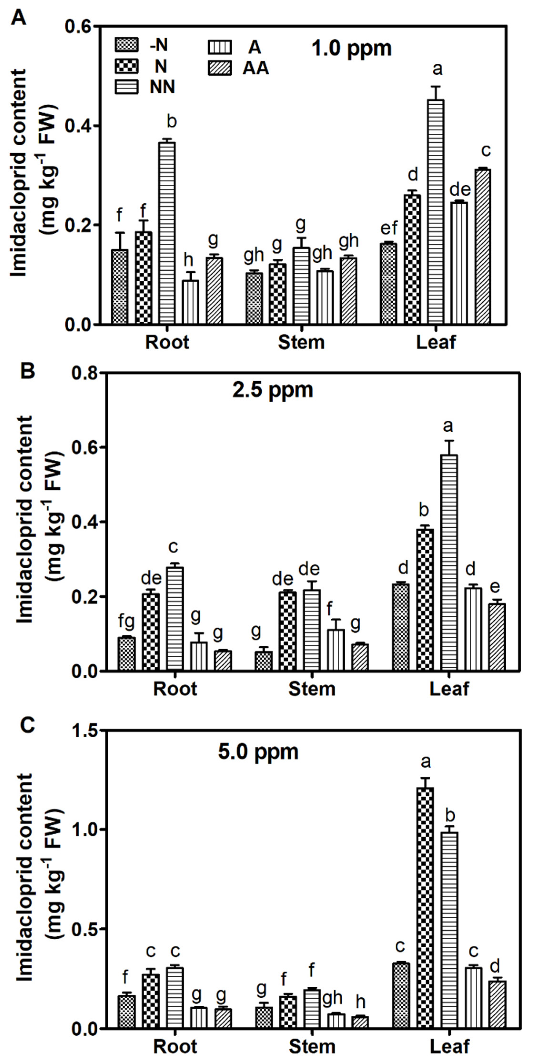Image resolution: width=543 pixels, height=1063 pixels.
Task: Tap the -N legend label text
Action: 159,45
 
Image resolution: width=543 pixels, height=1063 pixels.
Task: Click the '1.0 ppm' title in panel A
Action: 351,49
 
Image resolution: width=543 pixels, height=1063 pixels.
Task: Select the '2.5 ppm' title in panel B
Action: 272,390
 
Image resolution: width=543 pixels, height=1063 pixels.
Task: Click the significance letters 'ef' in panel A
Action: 388,227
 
